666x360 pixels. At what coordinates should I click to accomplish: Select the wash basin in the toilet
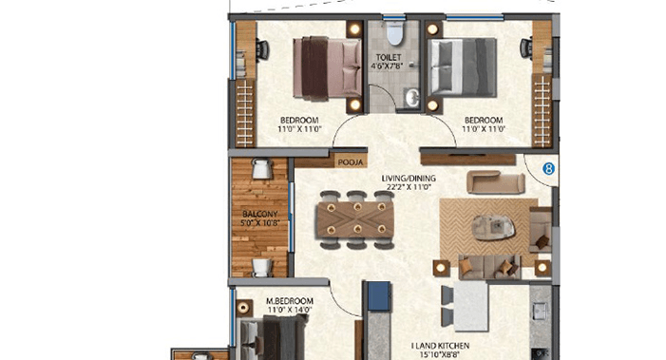click(x=411, y=98)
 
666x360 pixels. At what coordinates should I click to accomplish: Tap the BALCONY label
click(x=259, y=216)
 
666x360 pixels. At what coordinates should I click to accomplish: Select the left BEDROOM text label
click(x=297, y=119)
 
